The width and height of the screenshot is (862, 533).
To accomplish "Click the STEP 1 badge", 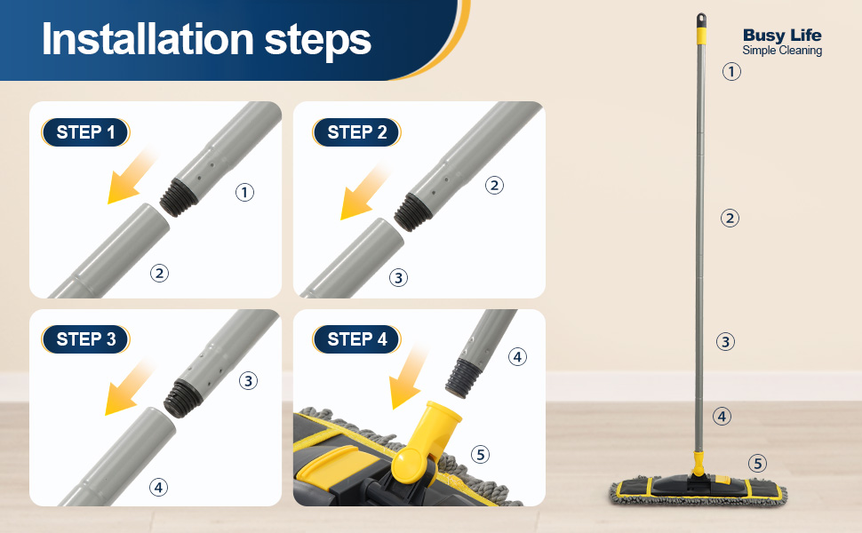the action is [85, 132].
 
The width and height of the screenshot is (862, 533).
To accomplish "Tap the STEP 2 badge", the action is [356, 132].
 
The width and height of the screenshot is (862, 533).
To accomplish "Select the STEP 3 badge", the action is [85, 339].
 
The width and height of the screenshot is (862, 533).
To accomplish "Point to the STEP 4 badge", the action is [356, 339].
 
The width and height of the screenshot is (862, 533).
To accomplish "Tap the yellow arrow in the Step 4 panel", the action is [407, 379].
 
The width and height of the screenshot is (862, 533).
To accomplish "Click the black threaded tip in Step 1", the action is [179, 196].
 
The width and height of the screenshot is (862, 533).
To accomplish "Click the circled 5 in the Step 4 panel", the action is [481, 455].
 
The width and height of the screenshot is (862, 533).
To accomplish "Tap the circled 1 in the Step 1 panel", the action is [244, 192].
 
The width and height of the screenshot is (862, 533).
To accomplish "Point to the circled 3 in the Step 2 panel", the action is [399, 277].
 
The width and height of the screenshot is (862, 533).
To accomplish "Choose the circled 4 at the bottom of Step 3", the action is [158, 487].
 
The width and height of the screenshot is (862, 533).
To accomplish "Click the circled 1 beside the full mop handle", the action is [731, 71].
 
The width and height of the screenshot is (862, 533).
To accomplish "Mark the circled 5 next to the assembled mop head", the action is [757, 463].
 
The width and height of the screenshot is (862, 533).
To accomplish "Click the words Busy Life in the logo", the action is [782, 36].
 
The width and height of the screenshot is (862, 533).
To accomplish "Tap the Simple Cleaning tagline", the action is [782, 51].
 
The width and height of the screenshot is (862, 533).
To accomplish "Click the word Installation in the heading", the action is [148, 40].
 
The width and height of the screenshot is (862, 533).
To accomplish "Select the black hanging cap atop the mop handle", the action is [701, 20].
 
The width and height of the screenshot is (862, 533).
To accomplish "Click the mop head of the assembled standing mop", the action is [698, 489].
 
